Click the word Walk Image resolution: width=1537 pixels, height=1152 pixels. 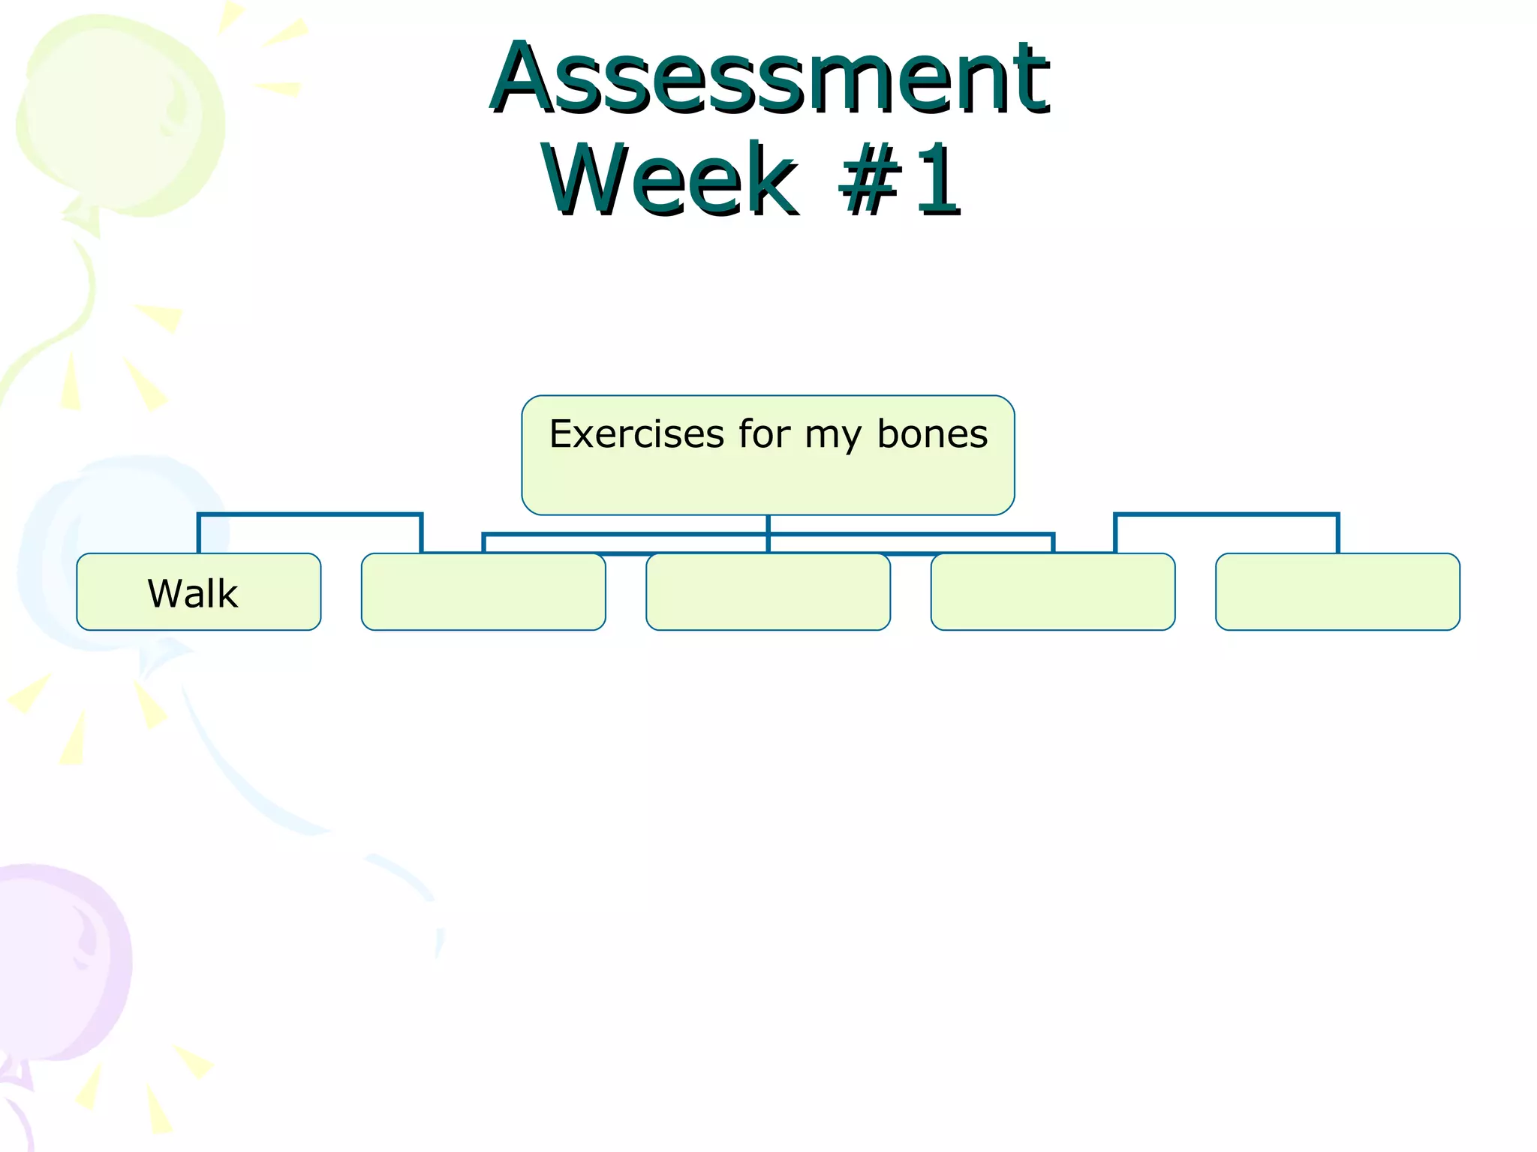pyautogui.click(x=193, y=594)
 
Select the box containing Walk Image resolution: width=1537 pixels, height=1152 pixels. pyautogui.click(x=278, y=611)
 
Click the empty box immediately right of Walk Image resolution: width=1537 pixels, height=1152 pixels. pyautogui.click(x=483, y=592)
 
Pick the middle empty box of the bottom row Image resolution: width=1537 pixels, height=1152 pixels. pyautogui.click(x=768, y=592)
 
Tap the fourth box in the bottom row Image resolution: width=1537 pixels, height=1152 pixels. pyautogui.click(x=1052, y=592)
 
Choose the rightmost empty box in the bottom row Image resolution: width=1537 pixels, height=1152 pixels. pyautogui.click(x=1337, y=592)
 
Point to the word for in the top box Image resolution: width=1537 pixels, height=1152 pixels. pyautogui.click(x=764, y=434)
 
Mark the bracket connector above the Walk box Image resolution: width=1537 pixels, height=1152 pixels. pyautogui.click(x=309, y=515)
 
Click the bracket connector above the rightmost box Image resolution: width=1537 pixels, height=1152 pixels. pyautogui.click(x=1226, y=515)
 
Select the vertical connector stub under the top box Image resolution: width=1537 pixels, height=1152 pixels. pyautogui.click(x=768, y=524)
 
